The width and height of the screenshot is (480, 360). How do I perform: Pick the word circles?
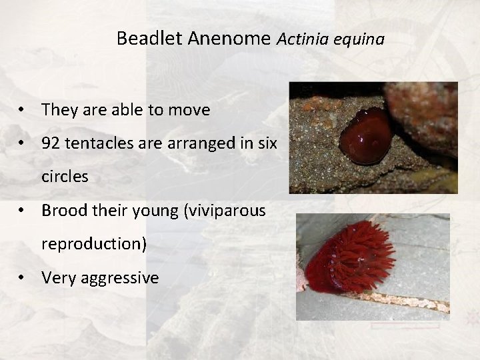point(65,177)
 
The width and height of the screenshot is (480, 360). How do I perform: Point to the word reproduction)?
point(94,244)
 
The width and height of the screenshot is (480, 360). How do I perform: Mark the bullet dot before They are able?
point(23,110)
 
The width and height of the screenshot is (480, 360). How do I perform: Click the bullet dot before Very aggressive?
point(23,277)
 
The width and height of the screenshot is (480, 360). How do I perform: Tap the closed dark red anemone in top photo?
point(365,135)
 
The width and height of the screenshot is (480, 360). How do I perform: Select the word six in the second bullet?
point(266,143)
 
